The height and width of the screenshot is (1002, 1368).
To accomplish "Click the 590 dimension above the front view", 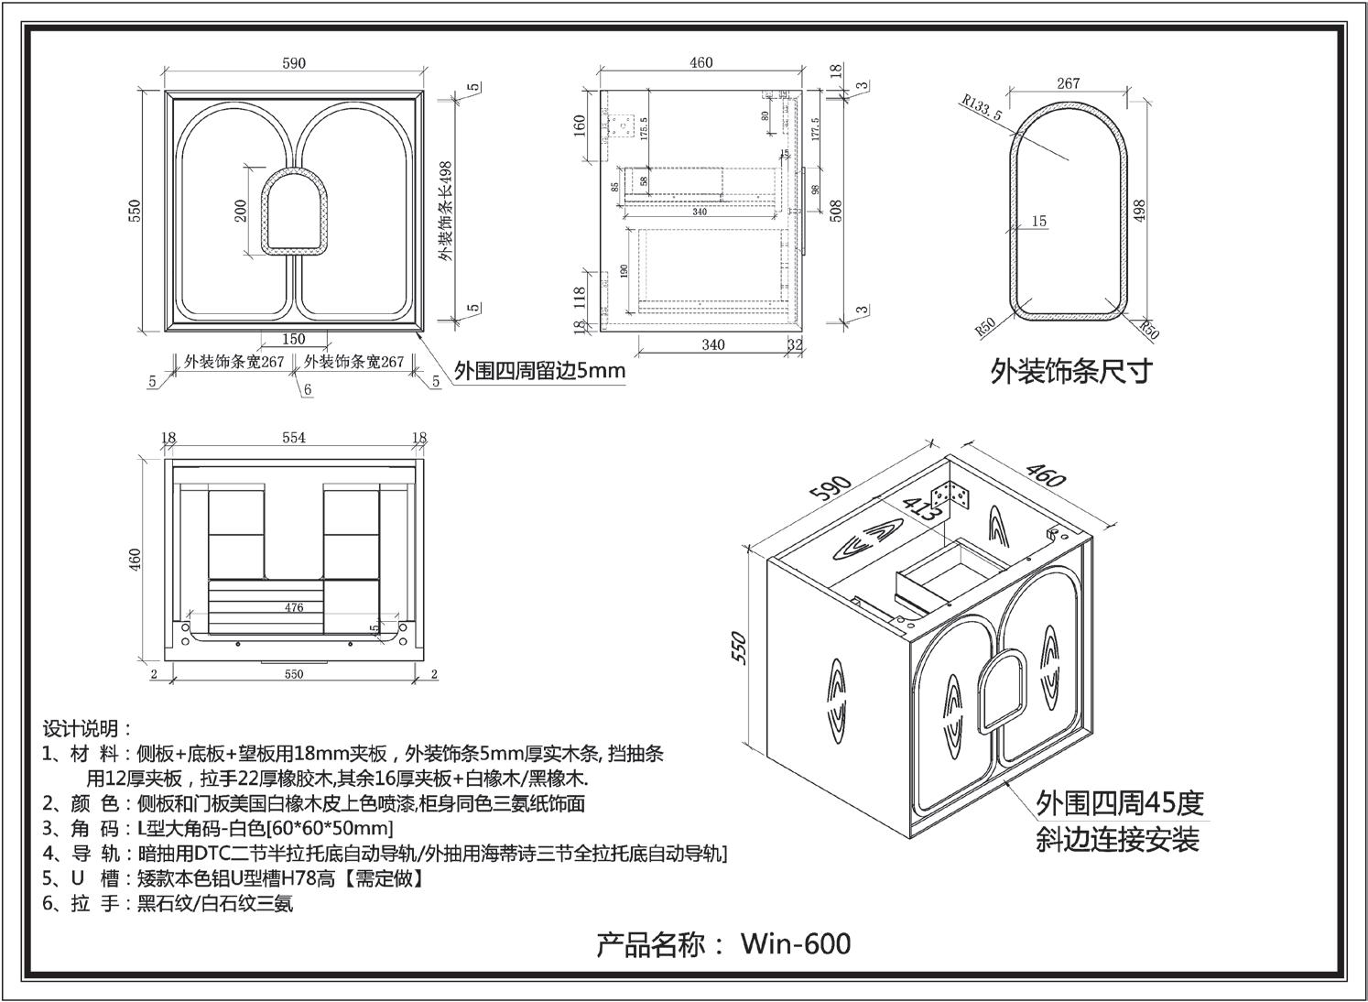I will (x=294, y=63).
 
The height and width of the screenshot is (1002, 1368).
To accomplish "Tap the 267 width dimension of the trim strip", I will (x=1068, y=82).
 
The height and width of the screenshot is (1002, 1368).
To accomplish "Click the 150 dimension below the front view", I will (x=293, y=339).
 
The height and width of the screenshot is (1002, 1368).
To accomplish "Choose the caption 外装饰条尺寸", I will (x=1070, y=371).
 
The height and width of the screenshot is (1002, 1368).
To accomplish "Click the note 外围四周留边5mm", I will (x=539, y=371).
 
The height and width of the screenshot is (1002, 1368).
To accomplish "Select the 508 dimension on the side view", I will (x=835, y=210).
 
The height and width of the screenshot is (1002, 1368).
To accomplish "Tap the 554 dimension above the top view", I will (x=293, y=438).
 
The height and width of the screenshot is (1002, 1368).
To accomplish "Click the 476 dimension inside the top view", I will (x=293, y=606).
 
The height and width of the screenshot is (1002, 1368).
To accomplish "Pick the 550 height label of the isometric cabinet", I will (x=742, y=648).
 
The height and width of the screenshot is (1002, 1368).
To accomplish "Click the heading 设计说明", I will (x=86, y=729).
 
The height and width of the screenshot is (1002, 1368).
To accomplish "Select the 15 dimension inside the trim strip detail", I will (x=1038, y=221).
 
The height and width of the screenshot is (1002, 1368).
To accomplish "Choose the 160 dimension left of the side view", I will (x=580, y=125).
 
